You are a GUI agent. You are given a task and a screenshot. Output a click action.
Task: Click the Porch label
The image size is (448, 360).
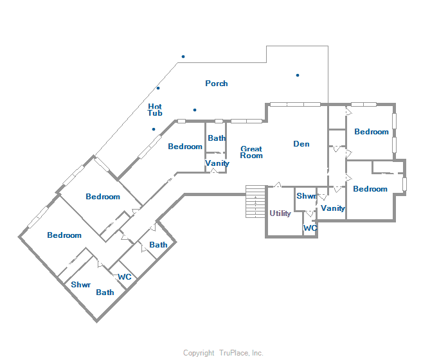217,84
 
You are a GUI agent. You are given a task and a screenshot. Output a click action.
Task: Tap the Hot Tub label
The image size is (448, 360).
155,110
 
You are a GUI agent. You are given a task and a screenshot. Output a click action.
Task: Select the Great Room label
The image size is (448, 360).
251,152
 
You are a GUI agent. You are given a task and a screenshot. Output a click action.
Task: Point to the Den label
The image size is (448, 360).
301,144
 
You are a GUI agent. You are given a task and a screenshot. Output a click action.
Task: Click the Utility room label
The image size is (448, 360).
280,213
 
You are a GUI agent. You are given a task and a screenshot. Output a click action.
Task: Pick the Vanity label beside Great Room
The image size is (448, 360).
217,163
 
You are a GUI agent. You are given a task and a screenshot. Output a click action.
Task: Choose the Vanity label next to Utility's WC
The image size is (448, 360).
333,208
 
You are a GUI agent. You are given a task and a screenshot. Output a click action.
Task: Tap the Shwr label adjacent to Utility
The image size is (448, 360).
305,196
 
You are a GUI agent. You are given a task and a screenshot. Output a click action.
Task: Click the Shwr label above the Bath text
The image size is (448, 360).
80,285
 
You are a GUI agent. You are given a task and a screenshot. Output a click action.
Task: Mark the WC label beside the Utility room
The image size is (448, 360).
310,228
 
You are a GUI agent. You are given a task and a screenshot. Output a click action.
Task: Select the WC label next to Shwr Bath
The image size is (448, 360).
125,277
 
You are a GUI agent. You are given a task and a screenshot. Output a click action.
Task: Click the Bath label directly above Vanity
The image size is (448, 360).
217,138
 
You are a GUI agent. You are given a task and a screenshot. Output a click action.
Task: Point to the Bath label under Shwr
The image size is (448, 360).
105,292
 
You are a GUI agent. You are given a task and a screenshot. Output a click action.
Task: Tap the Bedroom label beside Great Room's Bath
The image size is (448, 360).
185,147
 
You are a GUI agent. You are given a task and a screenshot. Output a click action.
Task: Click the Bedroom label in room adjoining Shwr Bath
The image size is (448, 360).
64,235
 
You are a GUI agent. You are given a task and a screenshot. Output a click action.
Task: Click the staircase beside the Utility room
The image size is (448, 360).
256,202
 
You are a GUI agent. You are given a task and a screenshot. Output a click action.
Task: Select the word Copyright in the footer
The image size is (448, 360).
199,353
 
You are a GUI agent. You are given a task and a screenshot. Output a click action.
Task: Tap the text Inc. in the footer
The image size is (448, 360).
256,353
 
